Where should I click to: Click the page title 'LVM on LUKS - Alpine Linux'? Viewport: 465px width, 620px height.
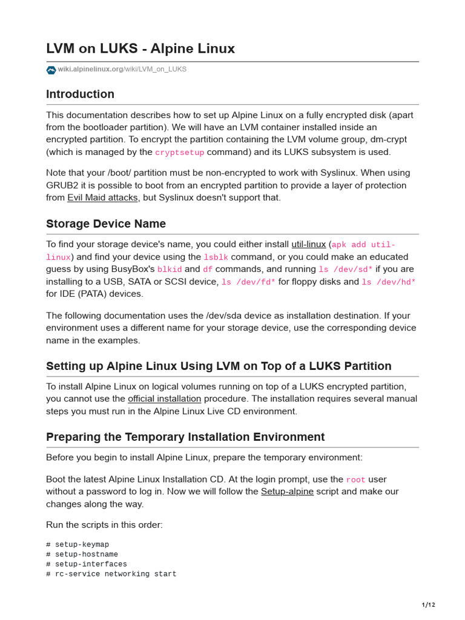click(140, 48)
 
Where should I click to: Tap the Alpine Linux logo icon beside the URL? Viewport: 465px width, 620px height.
click(51, 70)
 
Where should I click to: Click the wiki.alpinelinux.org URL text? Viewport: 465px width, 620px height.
click(122, 70)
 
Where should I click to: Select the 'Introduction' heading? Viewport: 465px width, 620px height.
click(80, 94)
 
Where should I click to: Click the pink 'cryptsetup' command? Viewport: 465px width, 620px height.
click(180, 153)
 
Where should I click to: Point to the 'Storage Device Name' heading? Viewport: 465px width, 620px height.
click(106, 224)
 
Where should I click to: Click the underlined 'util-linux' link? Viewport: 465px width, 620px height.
click(308, 245)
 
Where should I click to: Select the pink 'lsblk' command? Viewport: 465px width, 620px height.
click(216, 257)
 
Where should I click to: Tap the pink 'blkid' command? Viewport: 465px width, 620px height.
click(170, 269)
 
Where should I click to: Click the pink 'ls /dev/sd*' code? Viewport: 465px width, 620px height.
click(346, 269)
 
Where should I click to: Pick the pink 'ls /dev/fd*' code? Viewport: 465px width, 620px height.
click(248, 282)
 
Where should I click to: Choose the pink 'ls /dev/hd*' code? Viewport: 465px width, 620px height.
click(388, 282)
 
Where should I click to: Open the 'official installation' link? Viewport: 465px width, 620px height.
click(164, 399)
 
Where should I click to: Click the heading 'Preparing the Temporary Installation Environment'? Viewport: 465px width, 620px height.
click(185, 437)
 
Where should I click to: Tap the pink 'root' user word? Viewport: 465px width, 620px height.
click(355, 480)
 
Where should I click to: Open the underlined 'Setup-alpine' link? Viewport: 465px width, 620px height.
click(287, 492)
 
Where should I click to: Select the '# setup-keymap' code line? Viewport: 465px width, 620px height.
click(77, 545)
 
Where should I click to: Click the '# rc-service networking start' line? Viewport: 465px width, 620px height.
click(111, 574)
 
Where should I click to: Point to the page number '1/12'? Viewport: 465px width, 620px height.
click(428, 605)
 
